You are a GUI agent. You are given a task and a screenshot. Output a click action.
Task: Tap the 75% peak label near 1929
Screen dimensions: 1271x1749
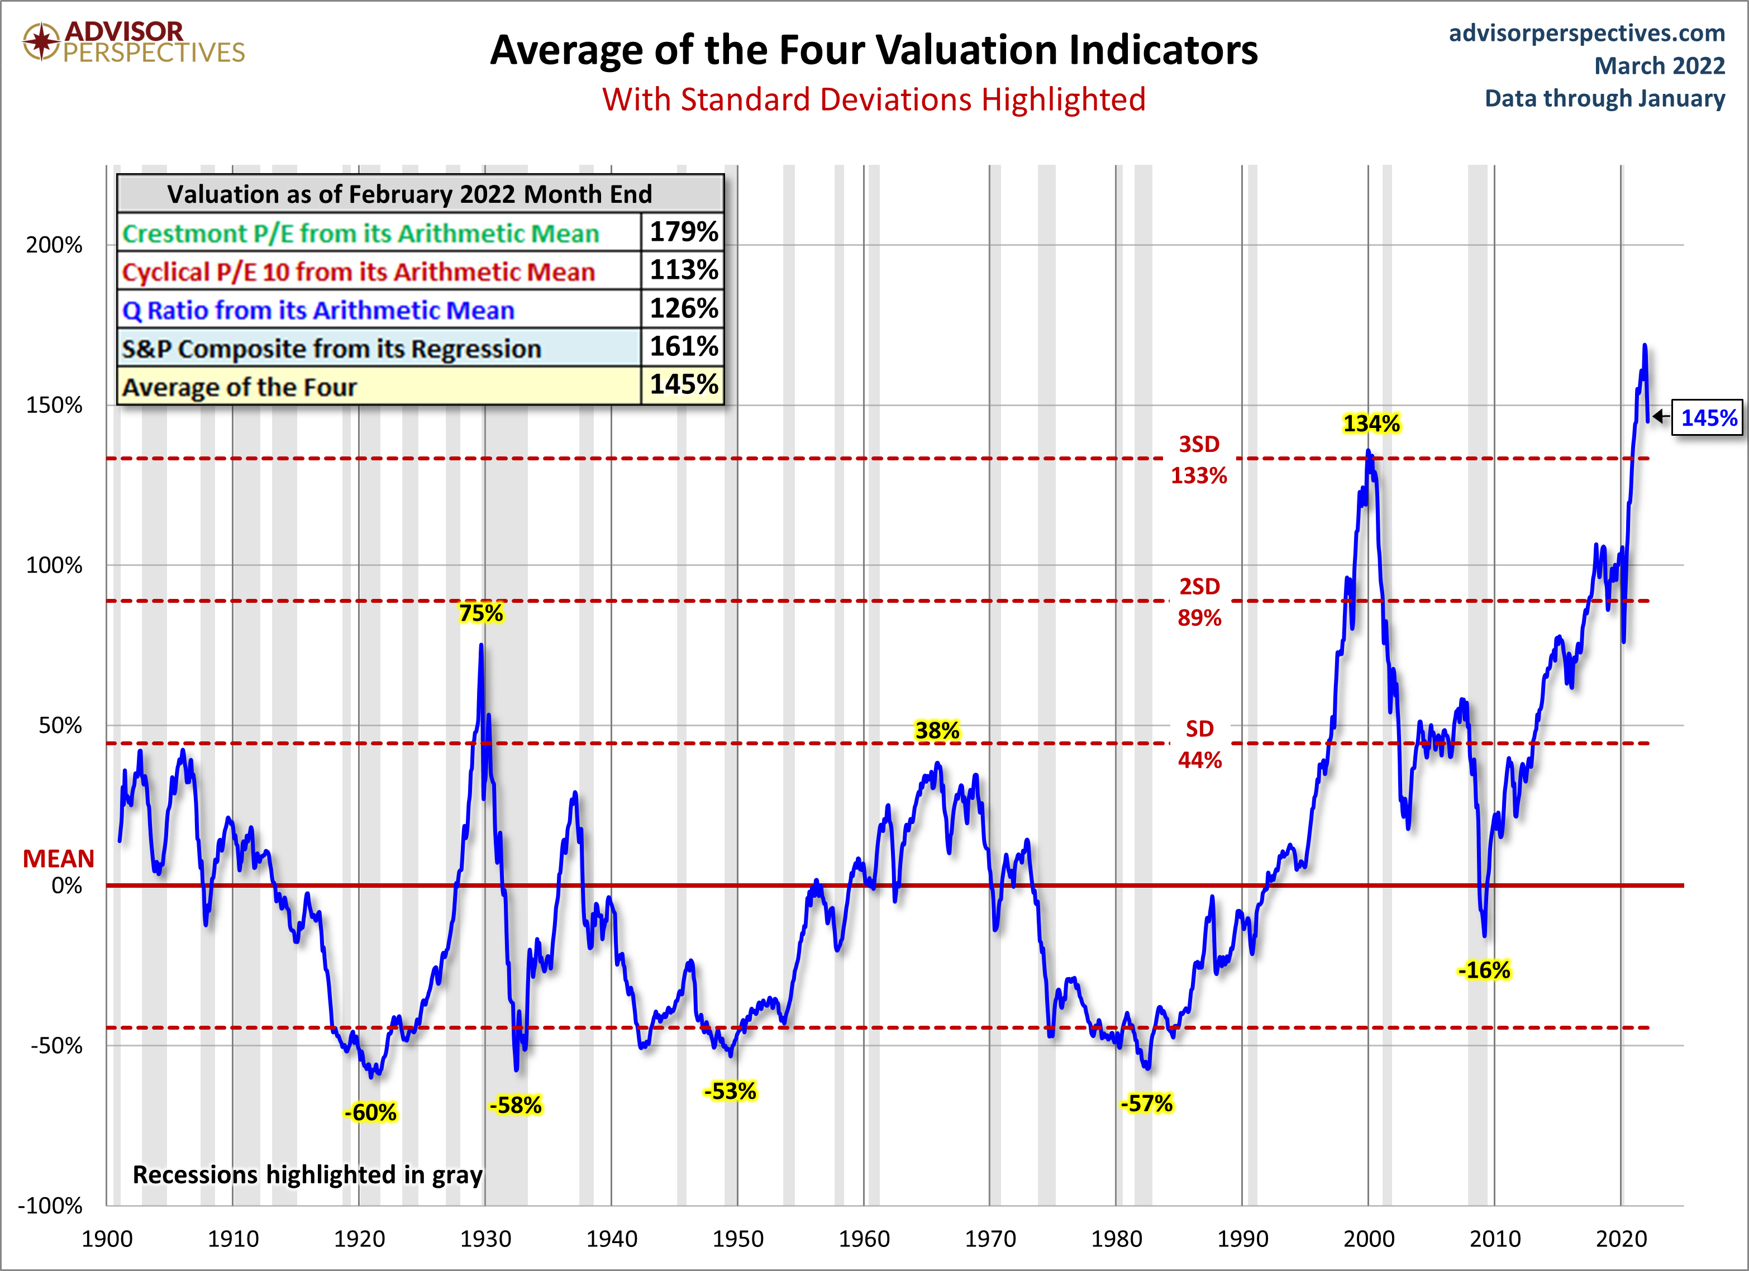pos(480,613)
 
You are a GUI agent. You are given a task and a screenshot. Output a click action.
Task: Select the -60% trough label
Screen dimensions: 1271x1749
pos(370,1112)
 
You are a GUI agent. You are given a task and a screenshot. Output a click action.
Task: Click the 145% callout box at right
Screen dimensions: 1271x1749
pos(1708,418)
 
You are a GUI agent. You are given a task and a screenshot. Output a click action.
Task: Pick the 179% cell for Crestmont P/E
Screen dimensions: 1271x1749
pos(683,231)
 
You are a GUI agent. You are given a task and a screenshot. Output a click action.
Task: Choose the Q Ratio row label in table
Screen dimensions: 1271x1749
pos(318,310)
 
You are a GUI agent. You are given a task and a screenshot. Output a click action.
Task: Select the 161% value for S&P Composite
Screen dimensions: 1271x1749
pos(683,346)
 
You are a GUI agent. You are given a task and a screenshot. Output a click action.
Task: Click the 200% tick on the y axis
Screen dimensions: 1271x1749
pos(54,245)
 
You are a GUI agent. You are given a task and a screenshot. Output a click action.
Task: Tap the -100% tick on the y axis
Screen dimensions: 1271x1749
pos(51,1206)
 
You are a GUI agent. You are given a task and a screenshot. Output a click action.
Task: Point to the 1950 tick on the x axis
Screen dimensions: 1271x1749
pos(737,1239)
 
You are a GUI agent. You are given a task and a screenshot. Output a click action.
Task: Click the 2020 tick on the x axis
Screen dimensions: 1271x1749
pos(1621,1239)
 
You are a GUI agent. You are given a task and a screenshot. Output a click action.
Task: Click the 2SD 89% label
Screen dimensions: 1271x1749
pos(1199,602)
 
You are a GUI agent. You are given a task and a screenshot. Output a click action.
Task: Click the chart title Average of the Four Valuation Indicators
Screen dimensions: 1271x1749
pos(874,50)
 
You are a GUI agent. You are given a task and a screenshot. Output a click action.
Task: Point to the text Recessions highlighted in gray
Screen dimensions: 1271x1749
pos(308,1174)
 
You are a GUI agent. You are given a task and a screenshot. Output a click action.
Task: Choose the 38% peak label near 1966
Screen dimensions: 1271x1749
pos(937,730)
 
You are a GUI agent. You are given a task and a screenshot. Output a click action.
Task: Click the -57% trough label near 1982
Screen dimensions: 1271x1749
pos(1146,1103)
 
